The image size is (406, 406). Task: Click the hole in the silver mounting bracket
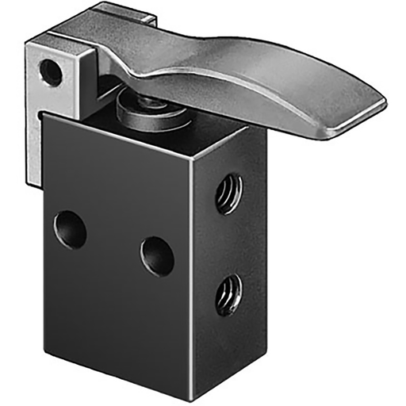[x=51, y=73]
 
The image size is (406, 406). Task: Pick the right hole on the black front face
[x=157, y=256]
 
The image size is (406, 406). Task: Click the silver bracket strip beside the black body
[x=34, y=151]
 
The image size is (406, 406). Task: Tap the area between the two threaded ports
[x=229, y=242]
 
